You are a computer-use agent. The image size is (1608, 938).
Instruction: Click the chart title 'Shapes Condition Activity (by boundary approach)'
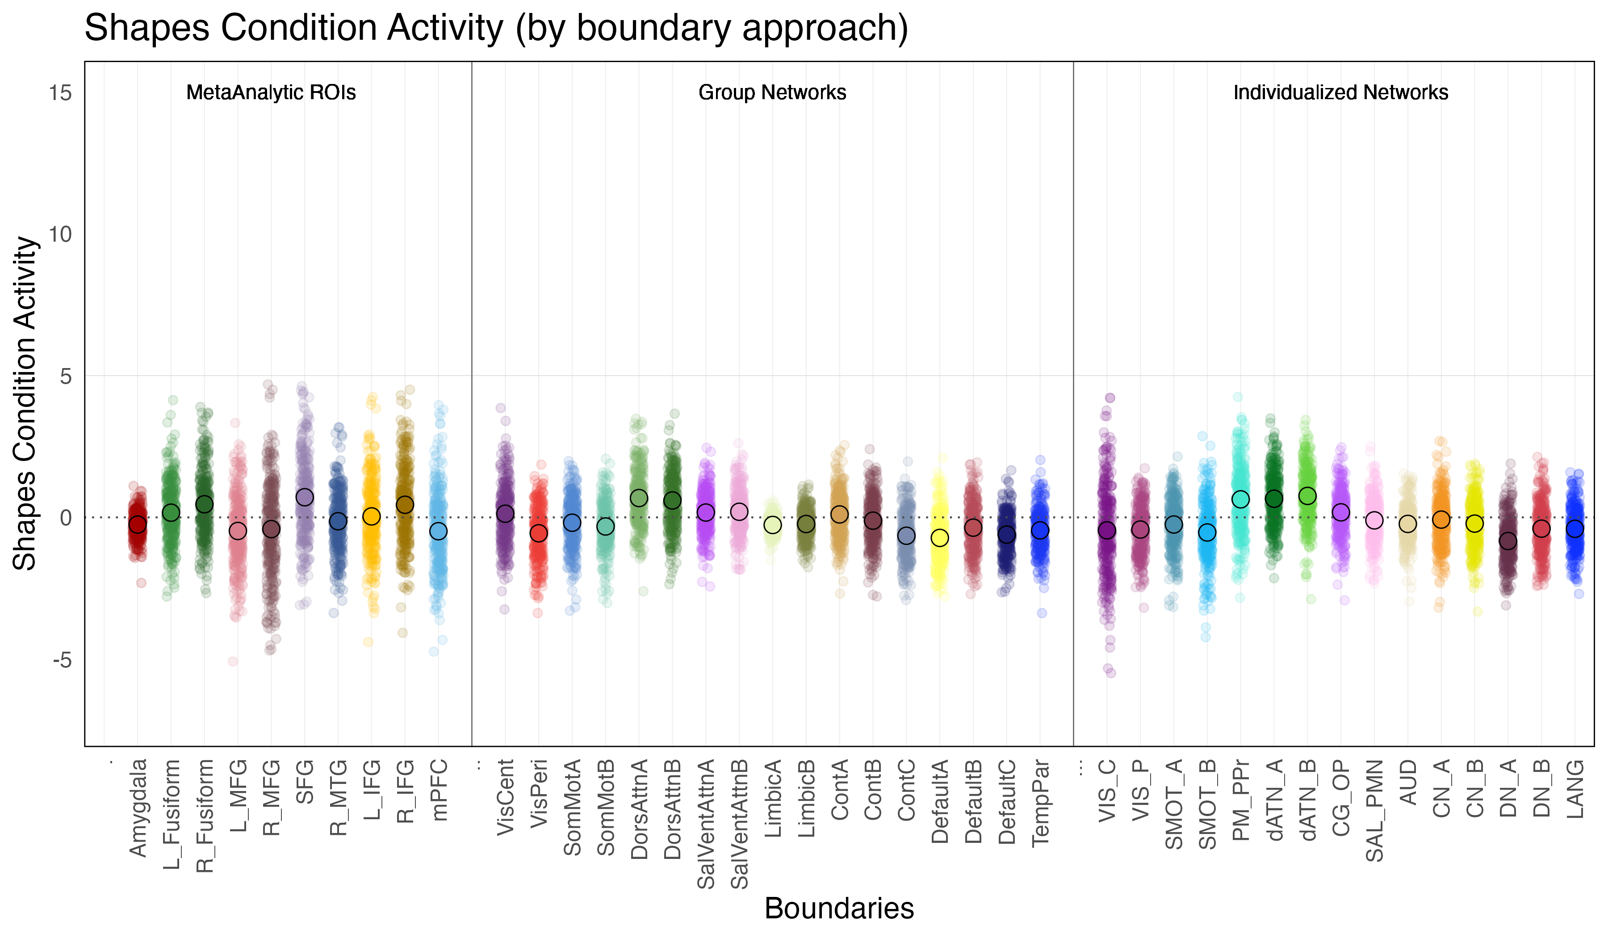pyautogui.click(x=496, y=28)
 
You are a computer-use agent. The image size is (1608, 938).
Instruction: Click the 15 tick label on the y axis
pyautogui.click(x=61, y=93)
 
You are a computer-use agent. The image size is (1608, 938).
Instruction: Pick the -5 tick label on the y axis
pyautogui.click(x=62, y=660)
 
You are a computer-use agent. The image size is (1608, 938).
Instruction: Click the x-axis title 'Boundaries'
pyautogui.click(x=839, y=908)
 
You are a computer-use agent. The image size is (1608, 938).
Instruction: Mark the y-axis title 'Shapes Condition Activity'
pyautogui.click(x=25, y=403)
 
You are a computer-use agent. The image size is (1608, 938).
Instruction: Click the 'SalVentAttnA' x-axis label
pyautogui.click(x=706, y=824)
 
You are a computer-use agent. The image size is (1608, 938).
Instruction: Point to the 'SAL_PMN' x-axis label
pyautogui.click(x=1374, y=810)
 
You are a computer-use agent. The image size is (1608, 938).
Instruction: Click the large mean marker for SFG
pyautogui.click(x=305, y=497)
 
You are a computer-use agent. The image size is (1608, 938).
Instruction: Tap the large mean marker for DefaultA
pyautogui.click(x=940, y=538)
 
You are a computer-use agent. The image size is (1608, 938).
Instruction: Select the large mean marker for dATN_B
pyautogui.click(x=1307, y=496)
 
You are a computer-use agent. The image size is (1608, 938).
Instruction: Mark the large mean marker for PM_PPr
pyautogui.click(x=1240, y=499)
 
